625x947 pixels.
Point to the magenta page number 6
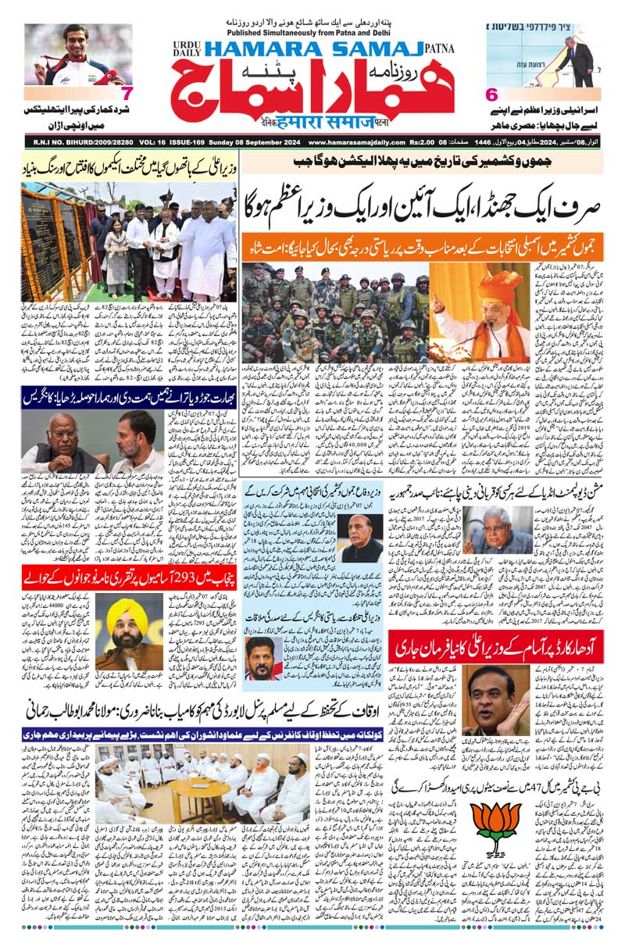tap(492, 95)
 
